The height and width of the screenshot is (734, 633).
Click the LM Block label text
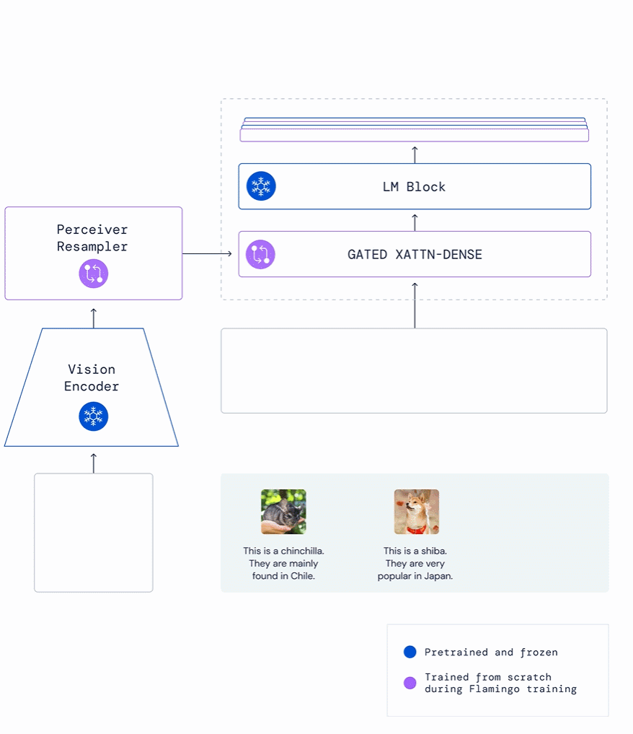tap(414, 187)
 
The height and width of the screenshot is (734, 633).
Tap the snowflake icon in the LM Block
tap(261, 185)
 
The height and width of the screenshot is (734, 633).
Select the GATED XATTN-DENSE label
tap(415, 254)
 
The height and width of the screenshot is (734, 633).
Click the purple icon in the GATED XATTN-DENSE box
tap(260, 254)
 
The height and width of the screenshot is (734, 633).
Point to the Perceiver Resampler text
tap(92, 237)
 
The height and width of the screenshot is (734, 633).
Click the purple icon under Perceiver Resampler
tap(94, 274)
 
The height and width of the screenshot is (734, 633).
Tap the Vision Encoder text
tap(92, 377)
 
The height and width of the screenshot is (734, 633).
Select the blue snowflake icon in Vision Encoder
tap(94, 416)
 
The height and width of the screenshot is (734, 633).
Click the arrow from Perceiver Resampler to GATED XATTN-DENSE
tap(207, 254)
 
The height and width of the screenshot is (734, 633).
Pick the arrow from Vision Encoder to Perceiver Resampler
tap(94, 318)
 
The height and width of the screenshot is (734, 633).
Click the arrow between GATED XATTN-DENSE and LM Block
tap(415, 222)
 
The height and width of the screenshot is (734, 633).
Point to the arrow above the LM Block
tap(415, 155)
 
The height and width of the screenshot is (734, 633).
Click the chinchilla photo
tap(283, 512)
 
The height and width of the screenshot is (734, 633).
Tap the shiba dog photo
tap(417, 512)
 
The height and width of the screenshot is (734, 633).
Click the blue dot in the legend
tap(410, 652)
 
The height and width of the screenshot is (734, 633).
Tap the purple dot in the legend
tap(410, 683)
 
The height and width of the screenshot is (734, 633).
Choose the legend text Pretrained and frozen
tap(491, 652)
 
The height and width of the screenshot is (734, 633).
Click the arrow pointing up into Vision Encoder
tap(94, 463)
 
